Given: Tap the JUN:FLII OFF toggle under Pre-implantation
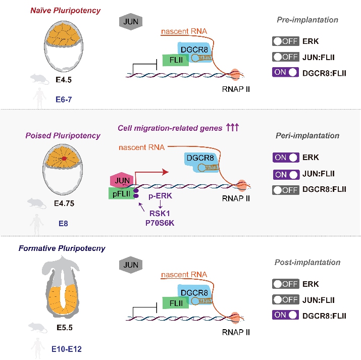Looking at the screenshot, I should point(287,56).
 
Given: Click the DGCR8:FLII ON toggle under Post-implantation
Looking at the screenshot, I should point(287,316).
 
